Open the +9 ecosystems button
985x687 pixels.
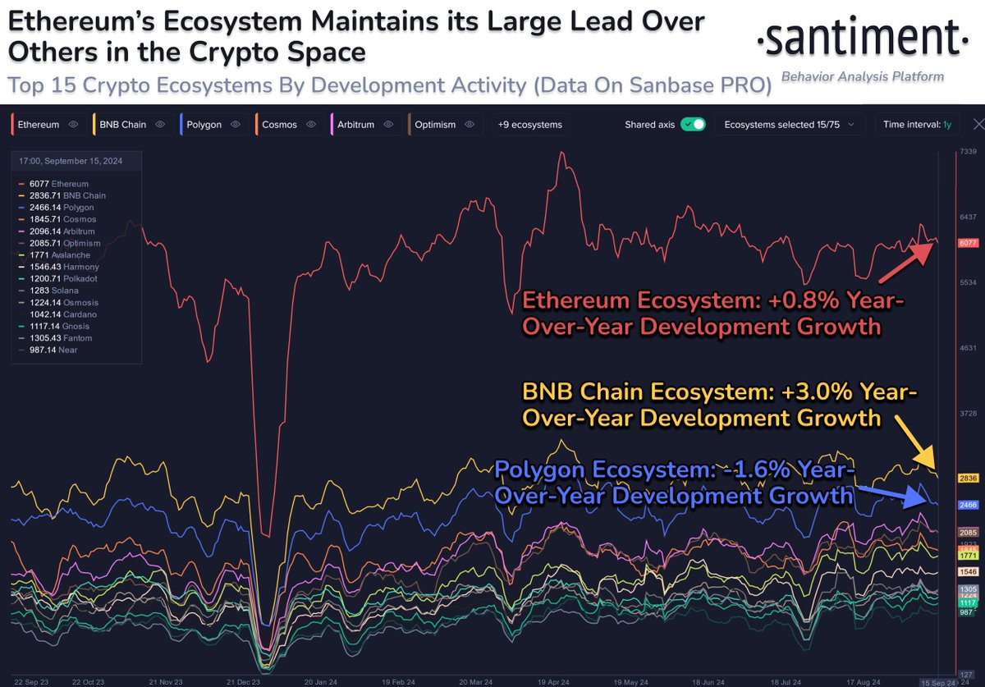click(x=529, y=125)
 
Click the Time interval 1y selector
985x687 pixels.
click(x=917, y=125)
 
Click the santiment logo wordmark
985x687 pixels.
click(x=858, y=39)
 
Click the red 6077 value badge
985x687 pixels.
click(x=969, y=243)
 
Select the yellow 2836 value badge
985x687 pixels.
click(x=969, y=478)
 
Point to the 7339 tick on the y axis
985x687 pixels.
click(x=969, y=152)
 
